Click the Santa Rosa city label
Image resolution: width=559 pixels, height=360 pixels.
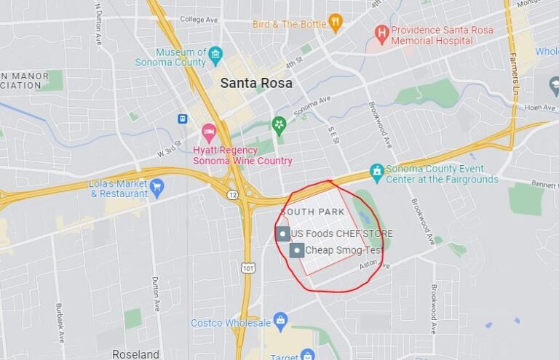point(256,84)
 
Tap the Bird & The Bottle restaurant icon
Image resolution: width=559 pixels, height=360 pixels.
point(335,23)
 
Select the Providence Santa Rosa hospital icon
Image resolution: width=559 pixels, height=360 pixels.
point(381,33)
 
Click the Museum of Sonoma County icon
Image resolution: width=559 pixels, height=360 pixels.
point(215,55)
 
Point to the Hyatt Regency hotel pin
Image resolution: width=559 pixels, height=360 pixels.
point(209,133)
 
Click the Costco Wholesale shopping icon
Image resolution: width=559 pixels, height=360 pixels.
point(280,321)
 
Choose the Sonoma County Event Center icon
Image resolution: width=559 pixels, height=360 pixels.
point(376,172)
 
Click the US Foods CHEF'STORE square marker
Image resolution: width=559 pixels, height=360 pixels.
point(284,233)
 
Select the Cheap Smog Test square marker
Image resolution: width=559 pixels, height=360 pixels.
point(297,250)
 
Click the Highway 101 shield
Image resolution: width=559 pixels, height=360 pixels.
point(249,268)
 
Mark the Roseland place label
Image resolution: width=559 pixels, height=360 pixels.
point(135,354)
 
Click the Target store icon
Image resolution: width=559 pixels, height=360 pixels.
point(308,355)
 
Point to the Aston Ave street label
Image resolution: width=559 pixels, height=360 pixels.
point(374,266)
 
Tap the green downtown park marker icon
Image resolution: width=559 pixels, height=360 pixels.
point(279,125)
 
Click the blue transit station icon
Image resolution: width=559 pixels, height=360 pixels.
point(182,119)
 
